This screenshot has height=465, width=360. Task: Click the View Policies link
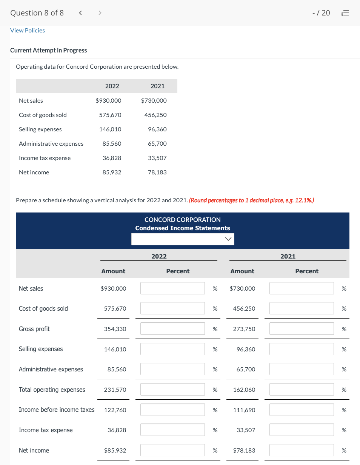pyautogui.click(x=28, y=30)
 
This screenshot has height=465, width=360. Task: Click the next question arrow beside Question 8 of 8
pyautogui.click(x=100, y=13)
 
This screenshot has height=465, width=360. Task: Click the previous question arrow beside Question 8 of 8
pyautogui.click(x=80, y=13)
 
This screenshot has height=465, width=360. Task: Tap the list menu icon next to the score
pyautogui.click(x=346, y=13)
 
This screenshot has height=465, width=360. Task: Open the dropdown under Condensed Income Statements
pyautogui.click(x=183, y=239)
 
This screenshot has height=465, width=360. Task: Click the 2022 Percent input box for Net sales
pyautogui.click(x=172, y=288)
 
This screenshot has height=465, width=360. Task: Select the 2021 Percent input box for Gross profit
pyautogui.click(x=302, y=329)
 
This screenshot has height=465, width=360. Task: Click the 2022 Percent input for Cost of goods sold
pyautogui.click(x=172, y=308)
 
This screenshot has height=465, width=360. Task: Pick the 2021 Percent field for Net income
pyautogui.click(x=302, y=450)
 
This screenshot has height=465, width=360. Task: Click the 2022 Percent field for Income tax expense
pyautogui.click(x=172, y=430)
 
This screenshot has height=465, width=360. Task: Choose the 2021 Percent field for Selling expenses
pyautogui.click(x=302, y=349)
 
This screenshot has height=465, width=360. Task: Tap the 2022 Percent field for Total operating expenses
pyautogui.click(x=172, y=390)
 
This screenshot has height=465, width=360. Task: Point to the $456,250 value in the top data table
pyautogui.click(x=155, y=115)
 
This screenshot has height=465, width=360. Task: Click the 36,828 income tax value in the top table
pyautogui.click(x=112, y=158)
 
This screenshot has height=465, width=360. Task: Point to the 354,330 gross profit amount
pyautogui.click(x=115, y=329)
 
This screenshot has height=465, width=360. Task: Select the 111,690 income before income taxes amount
pyautogui.click(x=244, y=410)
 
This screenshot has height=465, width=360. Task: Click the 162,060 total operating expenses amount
pyautogui.click(x=244, y=390)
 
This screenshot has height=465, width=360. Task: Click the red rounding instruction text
pyautogui.click(x=251, y=200)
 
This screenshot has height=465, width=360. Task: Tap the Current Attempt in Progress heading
pyautogui.click(x=48, y=50)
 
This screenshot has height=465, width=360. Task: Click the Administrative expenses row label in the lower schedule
pyautogui.click(x=51, y=369)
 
